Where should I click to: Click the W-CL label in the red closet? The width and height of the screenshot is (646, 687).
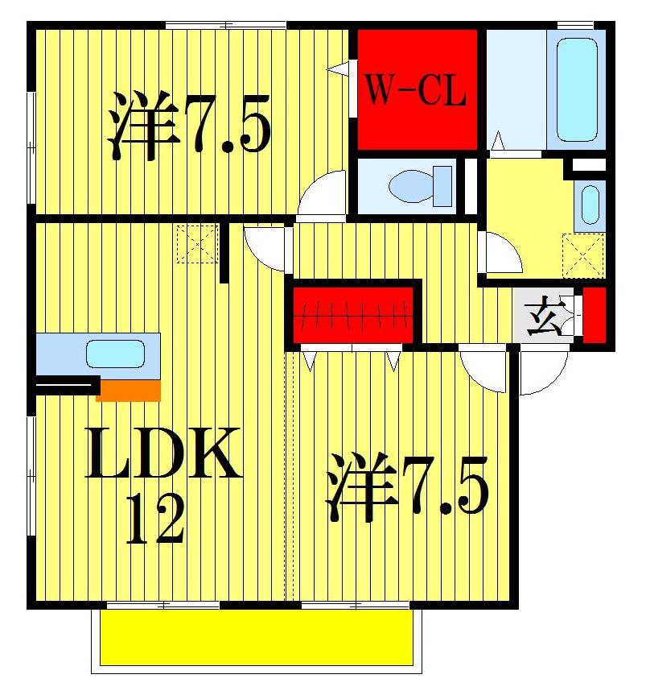[416, 91]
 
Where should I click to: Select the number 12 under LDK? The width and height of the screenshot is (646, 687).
[157, 520]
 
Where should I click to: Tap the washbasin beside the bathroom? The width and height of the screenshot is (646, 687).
[590, 205]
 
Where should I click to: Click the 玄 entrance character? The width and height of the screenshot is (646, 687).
[545, 317]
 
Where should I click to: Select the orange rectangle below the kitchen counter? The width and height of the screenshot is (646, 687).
[128, 391]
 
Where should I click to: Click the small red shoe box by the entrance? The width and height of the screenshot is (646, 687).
[595, 315]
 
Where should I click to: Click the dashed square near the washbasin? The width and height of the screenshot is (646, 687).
[583, 255]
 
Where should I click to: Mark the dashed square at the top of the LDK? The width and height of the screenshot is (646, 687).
[198, 244]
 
